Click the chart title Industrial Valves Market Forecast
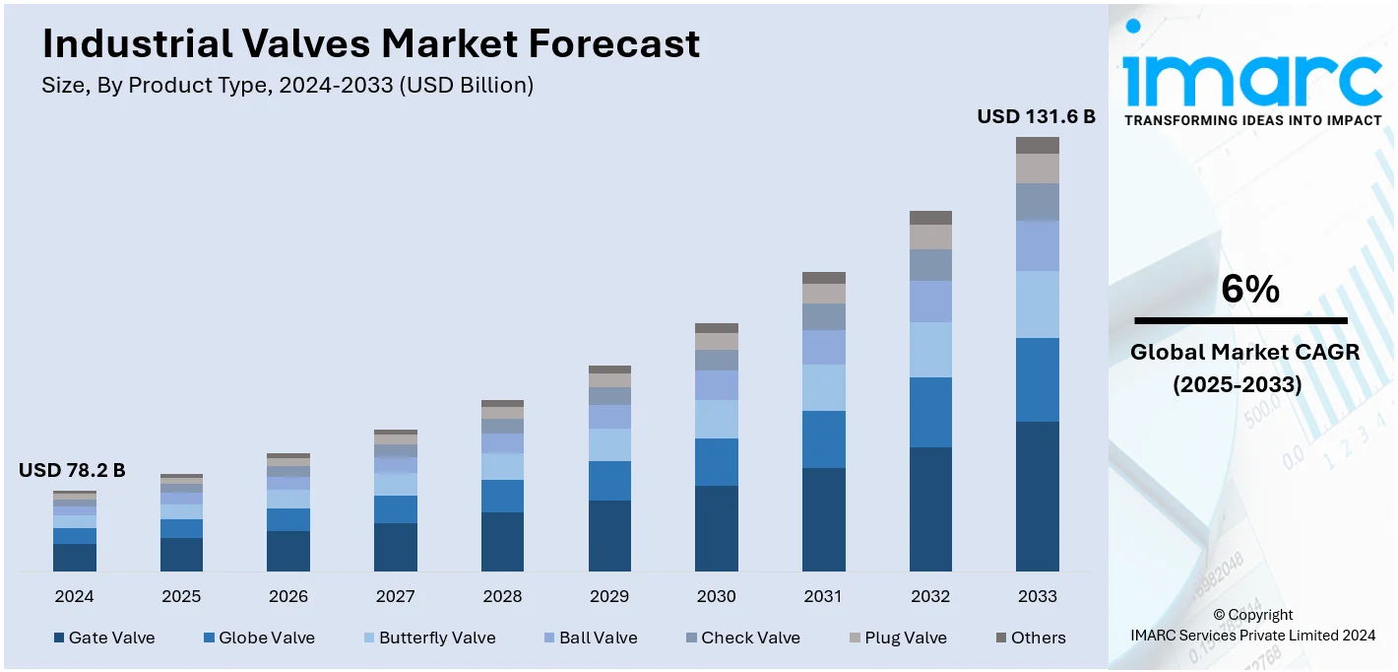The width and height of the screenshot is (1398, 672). point(371,44)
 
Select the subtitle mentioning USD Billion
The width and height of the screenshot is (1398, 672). point(287,86)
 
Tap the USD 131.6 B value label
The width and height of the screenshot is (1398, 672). point(1036,116)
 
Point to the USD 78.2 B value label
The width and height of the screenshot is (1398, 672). point(72,471)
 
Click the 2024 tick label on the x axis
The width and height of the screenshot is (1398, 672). point(75,596)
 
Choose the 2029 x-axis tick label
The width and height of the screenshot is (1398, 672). point(609,596)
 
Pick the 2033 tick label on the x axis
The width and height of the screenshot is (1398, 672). point(1038,596)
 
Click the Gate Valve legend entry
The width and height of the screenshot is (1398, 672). point(103,638)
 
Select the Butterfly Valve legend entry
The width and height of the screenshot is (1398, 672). point(428,638)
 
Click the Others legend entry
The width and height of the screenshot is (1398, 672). point(1030,638)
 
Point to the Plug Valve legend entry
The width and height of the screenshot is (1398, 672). point(896,638)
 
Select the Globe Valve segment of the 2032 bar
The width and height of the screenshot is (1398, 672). point(930,412)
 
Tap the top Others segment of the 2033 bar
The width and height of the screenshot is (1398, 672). point(1038,145)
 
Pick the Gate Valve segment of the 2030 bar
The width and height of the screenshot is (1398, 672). point(717,528)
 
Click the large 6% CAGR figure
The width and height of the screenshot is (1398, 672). point(1249,289)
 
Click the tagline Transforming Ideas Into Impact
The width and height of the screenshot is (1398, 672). point(1252,120)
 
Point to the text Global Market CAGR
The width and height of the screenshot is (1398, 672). point(1244,352)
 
